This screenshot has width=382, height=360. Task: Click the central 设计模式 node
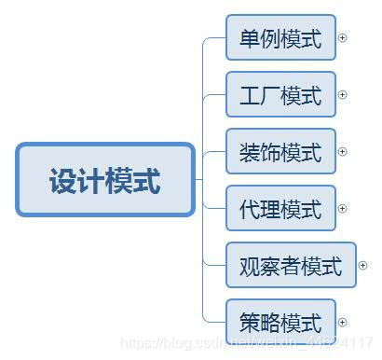(x=105, y=179)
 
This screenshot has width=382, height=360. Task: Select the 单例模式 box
(x=280, y=38)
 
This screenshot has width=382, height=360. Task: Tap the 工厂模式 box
(x=280, y=94)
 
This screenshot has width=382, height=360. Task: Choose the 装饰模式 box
(x=280, y=151)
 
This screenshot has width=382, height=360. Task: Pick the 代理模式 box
(x=280, y=208)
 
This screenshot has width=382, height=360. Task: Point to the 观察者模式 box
(x=291, y=266)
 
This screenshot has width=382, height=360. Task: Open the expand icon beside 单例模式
(x=342, y=38)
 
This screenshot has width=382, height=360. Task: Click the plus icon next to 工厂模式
(x=342, y=94)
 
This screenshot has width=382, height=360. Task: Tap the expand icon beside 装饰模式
(x=342, y=151)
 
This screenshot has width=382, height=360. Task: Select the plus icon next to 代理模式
(x=342, y=208)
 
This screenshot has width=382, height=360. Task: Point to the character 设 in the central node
(x=63, y=180)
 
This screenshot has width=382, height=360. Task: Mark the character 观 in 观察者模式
(x=249, y=267)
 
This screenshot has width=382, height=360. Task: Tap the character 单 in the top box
(x=250, y=39)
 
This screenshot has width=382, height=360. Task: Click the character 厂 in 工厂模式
(x=270, y=95)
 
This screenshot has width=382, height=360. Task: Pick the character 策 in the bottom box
(x=250, y=323)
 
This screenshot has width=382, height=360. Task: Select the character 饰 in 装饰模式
(x=270, y=152)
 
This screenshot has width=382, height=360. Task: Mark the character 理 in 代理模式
(x=270, y=209)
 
